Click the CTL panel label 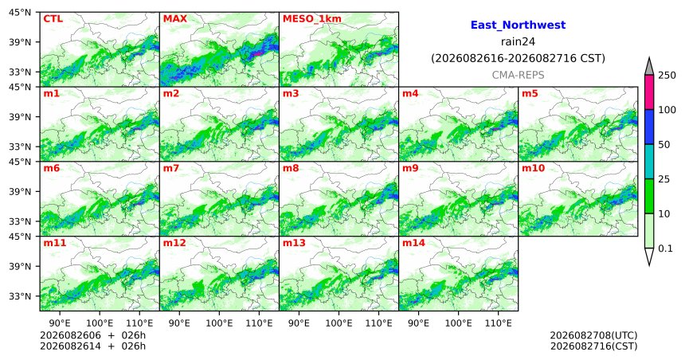pyautogui.click(x=53, y=19)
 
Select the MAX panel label pyautogui.click(x=174, y=19)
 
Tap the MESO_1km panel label pyautogui.click(x=312, y=19)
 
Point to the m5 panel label pyautogui.click(x=530, y=93)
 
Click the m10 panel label pyautogui.click(x=533, y=168)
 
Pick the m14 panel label pyautogui.click(x=413, y=243)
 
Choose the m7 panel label pyautogui.click(x=171, y=168)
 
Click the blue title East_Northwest pyautogui.click(x=518, y=25)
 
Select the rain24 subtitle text pyautogui.click(x=518, y=41)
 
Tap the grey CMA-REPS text pyautogui.click(x=518, y=75)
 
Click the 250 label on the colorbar pyautogui.click(x=667, y=76)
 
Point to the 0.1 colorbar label pyautogui.click(x=665, y=248)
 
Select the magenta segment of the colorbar pyautogui.click(x=649, y=92)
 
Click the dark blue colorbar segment pyautogui.click(x=649, y=127)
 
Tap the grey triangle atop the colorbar pyautogui.click(x=649, y=67)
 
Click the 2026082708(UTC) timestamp pyautogui.click(x=593, y=335)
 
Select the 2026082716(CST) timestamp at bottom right pyautogui.click(x=593, y=346)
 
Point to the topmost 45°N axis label pyautogui.click(x=20, y=12)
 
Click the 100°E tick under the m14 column pyautogui.click(x=459, y=323)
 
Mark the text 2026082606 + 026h pyautogui.click(x=92, y=335)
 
